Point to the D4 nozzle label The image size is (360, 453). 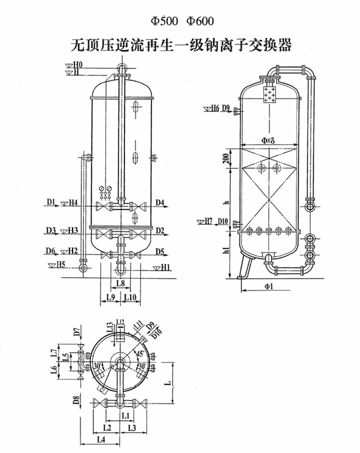[160, 202]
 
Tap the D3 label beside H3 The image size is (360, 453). [51, 229]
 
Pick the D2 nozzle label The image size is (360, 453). [160, 229]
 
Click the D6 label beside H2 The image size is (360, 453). [51, 251]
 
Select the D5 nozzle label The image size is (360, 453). [160, 251]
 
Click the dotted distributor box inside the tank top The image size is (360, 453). [269, 94]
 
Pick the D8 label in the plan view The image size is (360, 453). [76, 401]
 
